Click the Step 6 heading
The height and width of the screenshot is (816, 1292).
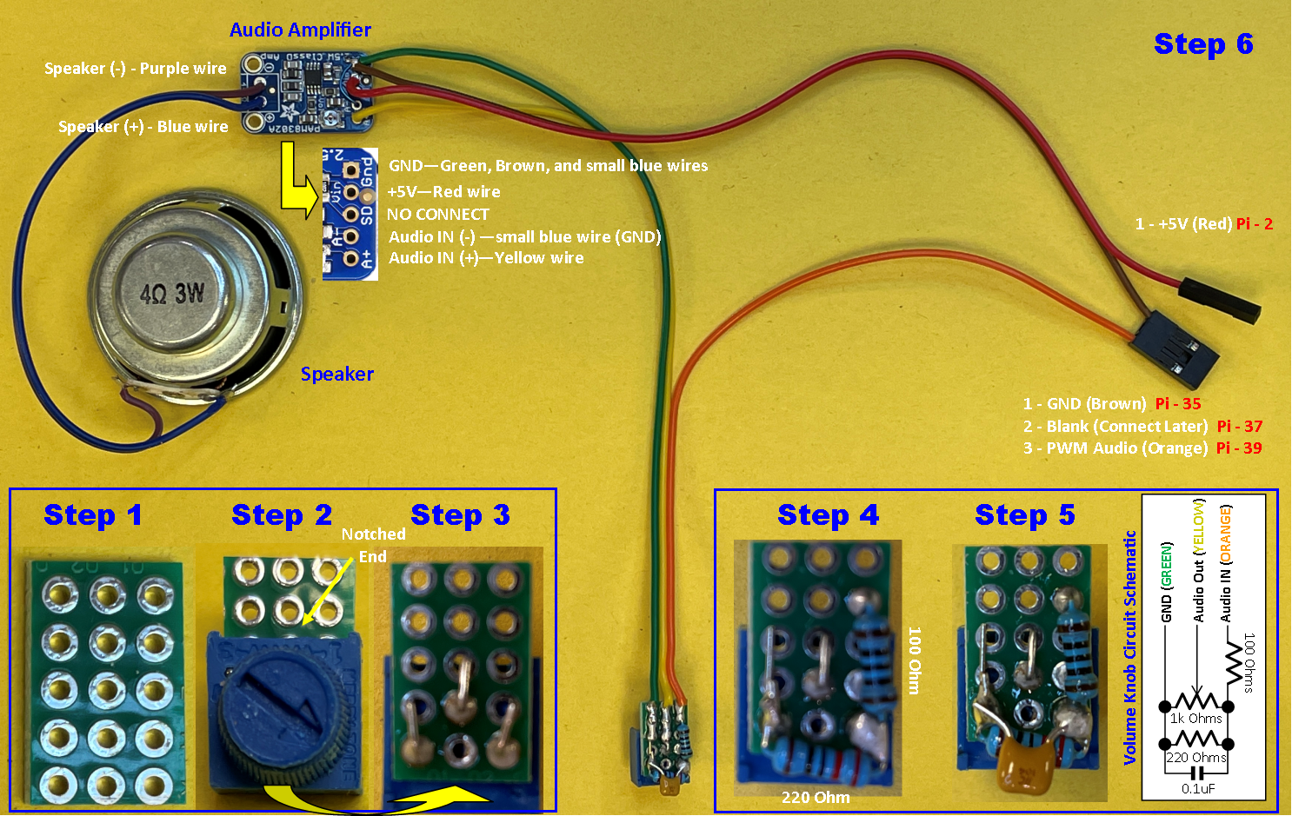pyautogui.click(x=1203, y=44)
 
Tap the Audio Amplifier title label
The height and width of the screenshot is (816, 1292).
pyautogui.click(x=300, y=30)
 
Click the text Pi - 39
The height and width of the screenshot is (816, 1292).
pyautogui.click(x=1239, y=448)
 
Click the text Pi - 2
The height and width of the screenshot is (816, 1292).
pyautogui.click(x=1255, y=224)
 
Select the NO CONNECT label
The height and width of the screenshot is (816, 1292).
pyautogui.click(x=438, y=215)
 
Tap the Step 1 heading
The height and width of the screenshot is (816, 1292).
pyautogui.click(x=93, y=515)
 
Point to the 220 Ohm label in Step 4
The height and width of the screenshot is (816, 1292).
pyautogui.click(x=816, y=798)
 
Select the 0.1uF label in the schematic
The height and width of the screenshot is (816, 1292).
pyautogui.click(x=1198, y=788)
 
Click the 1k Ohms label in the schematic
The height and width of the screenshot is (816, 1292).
pyautogui.click(x=1195, y=719)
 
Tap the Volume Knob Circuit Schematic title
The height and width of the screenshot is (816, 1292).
pyautogui.click(x=1129, y=647)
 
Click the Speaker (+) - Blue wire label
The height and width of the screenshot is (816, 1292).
pyautogui.click(x=143, y=127)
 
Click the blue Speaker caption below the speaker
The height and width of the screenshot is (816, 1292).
pyautogui.click(x=337, y=375)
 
